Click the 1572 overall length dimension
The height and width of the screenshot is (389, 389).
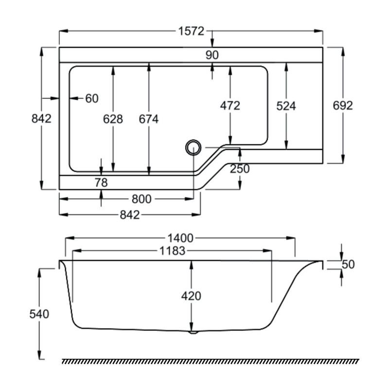point(190,31)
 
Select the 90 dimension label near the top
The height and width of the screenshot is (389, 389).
point(212,55)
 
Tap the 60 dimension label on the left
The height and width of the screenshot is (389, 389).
point(92,98)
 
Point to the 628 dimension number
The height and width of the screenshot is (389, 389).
point(113,119)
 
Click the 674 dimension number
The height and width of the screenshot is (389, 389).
point(149,119)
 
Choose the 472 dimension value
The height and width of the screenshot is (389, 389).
point(230,106)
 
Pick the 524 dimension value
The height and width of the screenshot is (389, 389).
point(286,106)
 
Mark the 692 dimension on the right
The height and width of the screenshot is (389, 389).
point(343,106)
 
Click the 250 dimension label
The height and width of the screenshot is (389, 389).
point(240,169)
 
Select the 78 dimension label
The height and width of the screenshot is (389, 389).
point(101,183)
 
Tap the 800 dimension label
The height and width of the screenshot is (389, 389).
point(142,198)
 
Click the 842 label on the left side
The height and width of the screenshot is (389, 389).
point(41,119)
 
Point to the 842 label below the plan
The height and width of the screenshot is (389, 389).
point(129,214)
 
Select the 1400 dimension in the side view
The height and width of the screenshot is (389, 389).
point(180,238)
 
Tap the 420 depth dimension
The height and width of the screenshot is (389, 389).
point(191,295)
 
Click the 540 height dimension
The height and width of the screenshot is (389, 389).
point(39,314)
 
